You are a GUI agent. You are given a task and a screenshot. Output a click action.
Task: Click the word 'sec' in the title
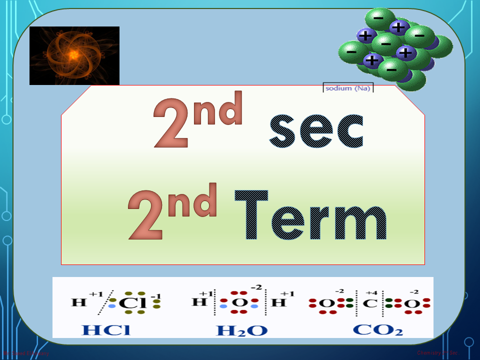pos(316,131)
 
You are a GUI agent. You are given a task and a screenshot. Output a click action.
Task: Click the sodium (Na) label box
pos(348,88)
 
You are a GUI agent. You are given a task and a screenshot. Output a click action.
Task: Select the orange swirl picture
pos(74,55)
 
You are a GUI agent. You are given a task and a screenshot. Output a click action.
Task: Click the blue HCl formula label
pos(105,330)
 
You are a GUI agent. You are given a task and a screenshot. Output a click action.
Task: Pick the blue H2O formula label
pos(241,330)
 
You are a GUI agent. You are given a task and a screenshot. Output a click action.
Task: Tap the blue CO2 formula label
pos(377,330)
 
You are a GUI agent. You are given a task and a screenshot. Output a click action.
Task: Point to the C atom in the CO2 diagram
pos(370,303)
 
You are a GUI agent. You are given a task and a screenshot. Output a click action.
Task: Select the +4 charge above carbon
pos(370,292)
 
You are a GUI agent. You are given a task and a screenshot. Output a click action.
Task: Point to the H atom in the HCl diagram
pos(78,303)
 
